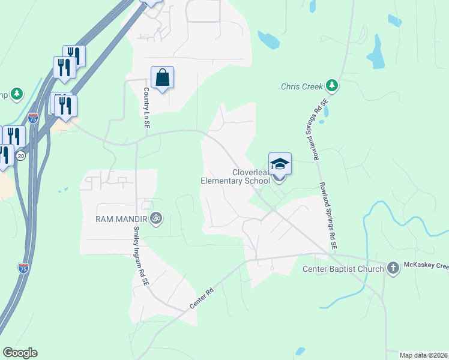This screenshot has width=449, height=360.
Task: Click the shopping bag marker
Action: pos(162,78)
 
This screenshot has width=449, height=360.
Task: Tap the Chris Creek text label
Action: pos(302,86)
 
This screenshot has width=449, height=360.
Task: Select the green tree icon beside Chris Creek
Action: pos(331,86)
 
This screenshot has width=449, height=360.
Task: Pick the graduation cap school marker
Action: pos(280,164)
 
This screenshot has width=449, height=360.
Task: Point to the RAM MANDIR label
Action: pos(122,219)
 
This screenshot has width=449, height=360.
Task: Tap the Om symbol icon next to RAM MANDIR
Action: pos(156,218)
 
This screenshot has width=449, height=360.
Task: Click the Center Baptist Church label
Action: pos(343,269)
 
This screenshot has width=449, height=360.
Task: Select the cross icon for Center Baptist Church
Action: pos(393,268)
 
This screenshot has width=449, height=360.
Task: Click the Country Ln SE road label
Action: pos(146,107)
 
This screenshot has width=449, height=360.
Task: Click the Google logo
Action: pos(20,353)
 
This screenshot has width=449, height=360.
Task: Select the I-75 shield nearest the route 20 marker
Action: pos(33,118)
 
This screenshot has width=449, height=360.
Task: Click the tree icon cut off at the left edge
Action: pos(17,94)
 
